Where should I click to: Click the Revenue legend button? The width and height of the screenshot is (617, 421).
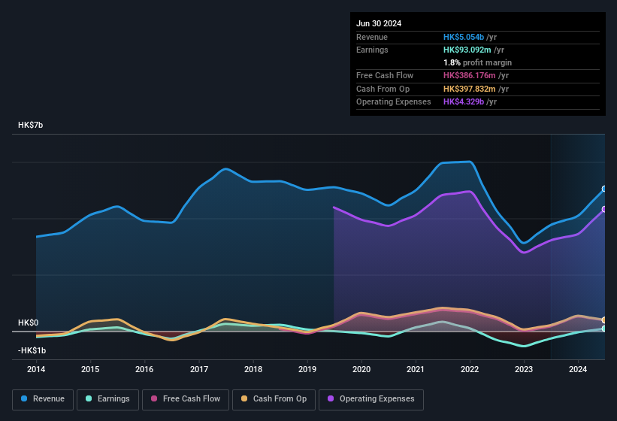(x=44, y=399)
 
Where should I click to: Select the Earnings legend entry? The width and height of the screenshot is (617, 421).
(x=108, y=399)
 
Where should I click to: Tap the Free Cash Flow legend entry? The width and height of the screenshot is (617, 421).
(x=186, y=399)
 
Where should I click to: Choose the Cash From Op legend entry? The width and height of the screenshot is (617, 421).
(x=274, y=399)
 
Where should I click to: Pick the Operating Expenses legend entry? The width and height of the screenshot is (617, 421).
(x=371, y=399)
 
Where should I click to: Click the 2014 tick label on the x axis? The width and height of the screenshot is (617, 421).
(x=36, y=369)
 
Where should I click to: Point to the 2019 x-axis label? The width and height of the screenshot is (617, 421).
(x=307, y=369)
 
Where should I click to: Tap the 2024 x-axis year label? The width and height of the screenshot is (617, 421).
(x=578, y=369)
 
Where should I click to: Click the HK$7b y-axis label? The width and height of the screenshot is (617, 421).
(x=31, y=125)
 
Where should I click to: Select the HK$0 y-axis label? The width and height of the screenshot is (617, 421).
(x=28, y=323)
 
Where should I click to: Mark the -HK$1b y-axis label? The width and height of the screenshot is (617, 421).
(x=32, y=350)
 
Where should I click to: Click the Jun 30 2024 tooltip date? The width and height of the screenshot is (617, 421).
(x=379, y=23)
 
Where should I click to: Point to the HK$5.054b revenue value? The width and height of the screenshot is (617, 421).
(x=464, y=37)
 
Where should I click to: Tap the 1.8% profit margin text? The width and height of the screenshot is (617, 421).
(x=477, y=62)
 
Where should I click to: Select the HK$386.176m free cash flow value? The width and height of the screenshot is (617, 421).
(x=472, y=76)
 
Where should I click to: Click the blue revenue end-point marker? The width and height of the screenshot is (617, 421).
(x=604, y=189)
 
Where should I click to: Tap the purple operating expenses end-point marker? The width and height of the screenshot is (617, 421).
(x=604, y=209)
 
